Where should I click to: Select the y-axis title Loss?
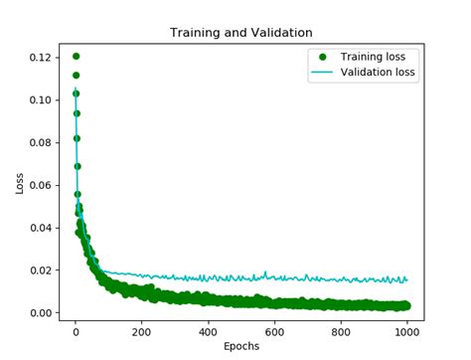[x=19, y=183]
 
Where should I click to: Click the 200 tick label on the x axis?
[x=141, y=332]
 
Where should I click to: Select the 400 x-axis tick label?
[x=208, y=332]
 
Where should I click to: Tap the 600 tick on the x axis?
[x=274, y=332]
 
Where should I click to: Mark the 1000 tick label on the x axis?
[x=406, y=332]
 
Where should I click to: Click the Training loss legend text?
[x=379, y=57]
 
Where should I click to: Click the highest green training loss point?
[x=76, y=57]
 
